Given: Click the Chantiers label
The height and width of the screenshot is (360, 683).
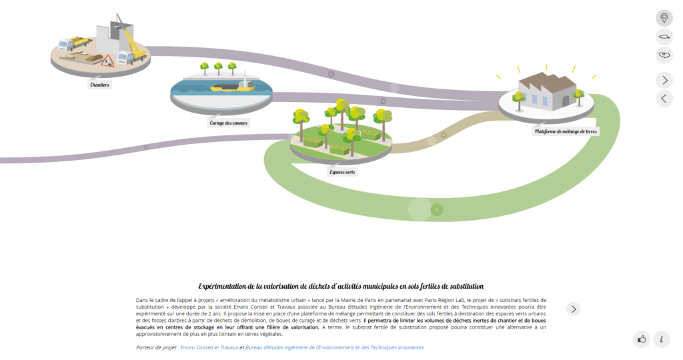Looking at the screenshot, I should click(99, 85).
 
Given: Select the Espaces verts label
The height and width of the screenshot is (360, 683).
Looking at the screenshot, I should click(341, 172).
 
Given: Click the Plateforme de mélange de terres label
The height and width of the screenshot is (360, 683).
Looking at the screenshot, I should click(566, 131).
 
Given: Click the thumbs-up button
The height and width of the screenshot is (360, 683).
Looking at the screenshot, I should click(642, 339).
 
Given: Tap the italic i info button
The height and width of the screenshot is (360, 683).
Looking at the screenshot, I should click(661, 339).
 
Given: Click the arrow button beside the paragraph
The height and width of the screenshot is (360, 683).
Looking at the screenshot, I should click(574, 309).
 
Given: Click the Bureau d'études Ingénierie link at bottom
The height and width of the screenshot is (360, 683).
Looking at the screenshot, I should click(334, 347).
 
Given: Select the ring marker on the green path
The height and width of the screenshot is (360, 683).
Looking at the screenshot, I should click(437, 211).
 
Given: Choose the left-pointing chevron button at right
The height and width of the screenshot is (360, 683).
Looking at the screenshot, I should click(664, 99).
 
